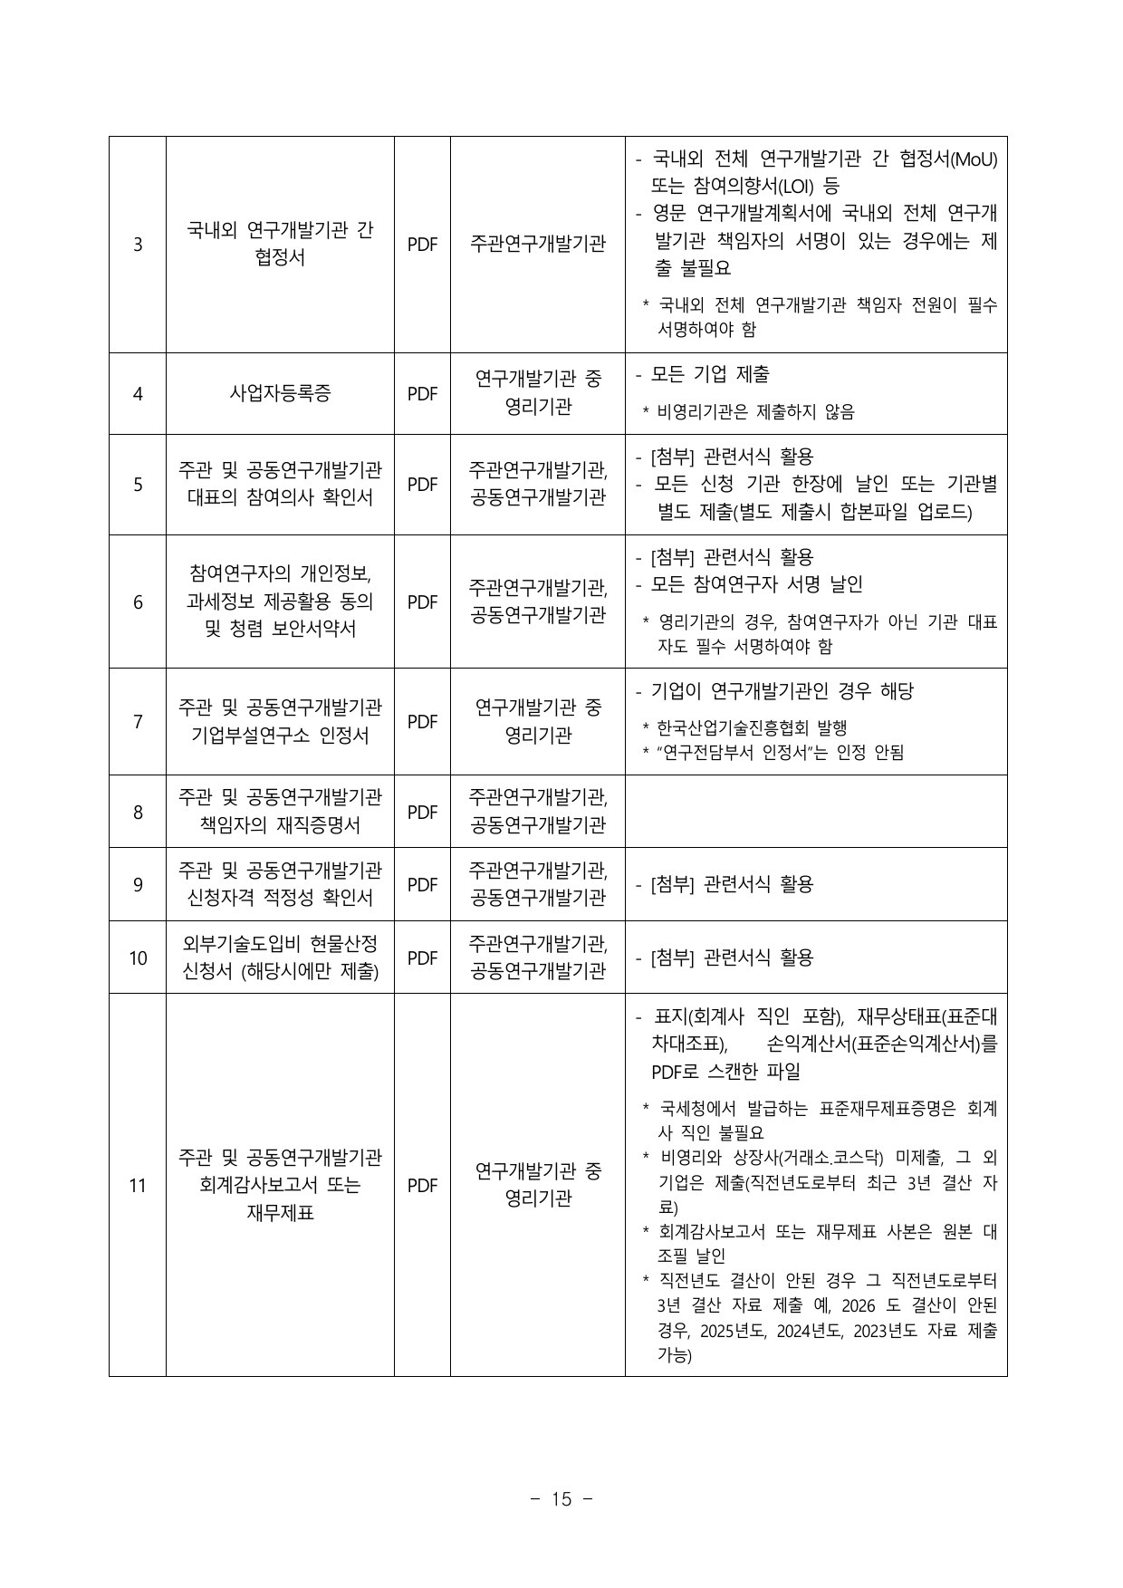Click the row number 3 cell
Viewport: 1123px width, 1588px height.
138,245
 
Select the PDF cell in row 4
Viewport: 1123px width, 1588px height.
422,394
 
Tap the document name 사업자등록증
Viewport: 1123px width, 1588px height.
280,394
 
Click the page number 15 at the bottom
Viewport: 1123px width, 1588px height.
561,1499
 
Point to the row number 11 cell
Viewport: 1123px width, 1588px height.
138,1185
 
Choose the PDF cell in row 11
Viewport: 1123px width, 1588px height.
422,1185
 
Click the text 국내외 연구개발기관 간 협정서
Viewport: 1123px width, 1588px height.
280,244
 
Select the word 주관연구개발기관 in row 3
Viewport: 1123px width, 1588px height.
538,245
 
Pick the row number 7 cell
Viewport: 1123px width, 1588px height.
138,722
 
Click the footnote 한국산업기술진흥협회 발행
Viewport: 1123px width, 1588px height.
752,728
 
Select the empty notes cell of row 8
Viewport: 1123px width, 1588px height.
816,812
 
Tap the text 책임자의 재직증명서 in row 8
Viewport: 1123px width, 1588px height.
280,825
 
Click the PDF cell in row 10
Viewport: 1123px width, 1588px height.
422,958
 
